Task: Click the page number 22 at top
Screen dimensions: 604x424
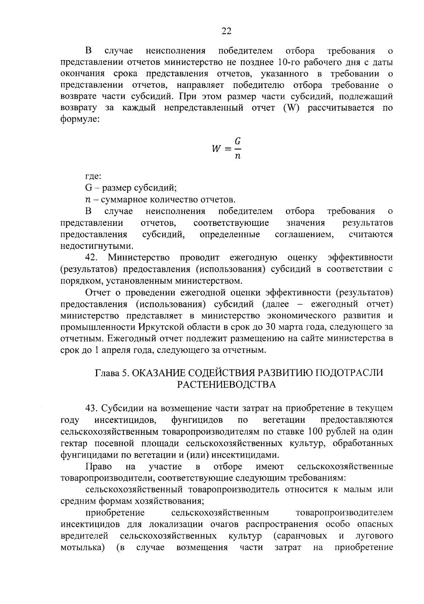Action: coord(226,31)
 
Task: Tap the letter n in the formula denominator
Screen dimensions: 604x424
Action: coord(238,156)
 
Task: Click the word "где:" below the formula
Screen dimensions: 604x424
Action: coord(93,176)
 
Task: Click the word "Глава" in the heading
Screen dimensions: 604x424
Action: coord(107,373)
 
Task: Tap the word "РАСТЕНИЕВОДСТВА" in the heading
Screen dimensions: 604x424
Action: coord(226,385)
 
